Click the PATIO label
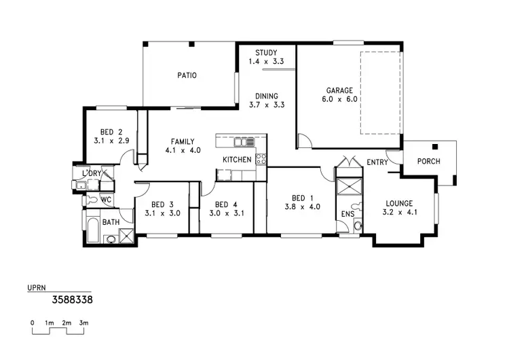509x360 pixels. point(187,75)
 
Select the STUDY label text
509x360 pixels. point(265,52)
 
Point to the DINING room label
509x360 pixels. point(265,96)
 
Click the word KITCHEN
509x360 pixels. point(238,160)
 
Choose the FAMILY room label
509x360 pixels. point(183,142)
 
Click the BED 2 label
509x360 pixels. point(111,132)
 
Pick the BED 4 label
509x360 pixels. point(226,204)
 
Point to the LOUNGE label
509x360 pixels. point(399,202)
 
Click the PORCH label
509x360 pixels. point(428,161)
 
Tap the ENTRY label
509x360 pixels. point(377,162)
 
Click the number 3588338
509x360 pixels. point(73,298)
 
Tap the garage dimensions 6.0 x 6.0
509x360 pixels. point(340,98)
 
